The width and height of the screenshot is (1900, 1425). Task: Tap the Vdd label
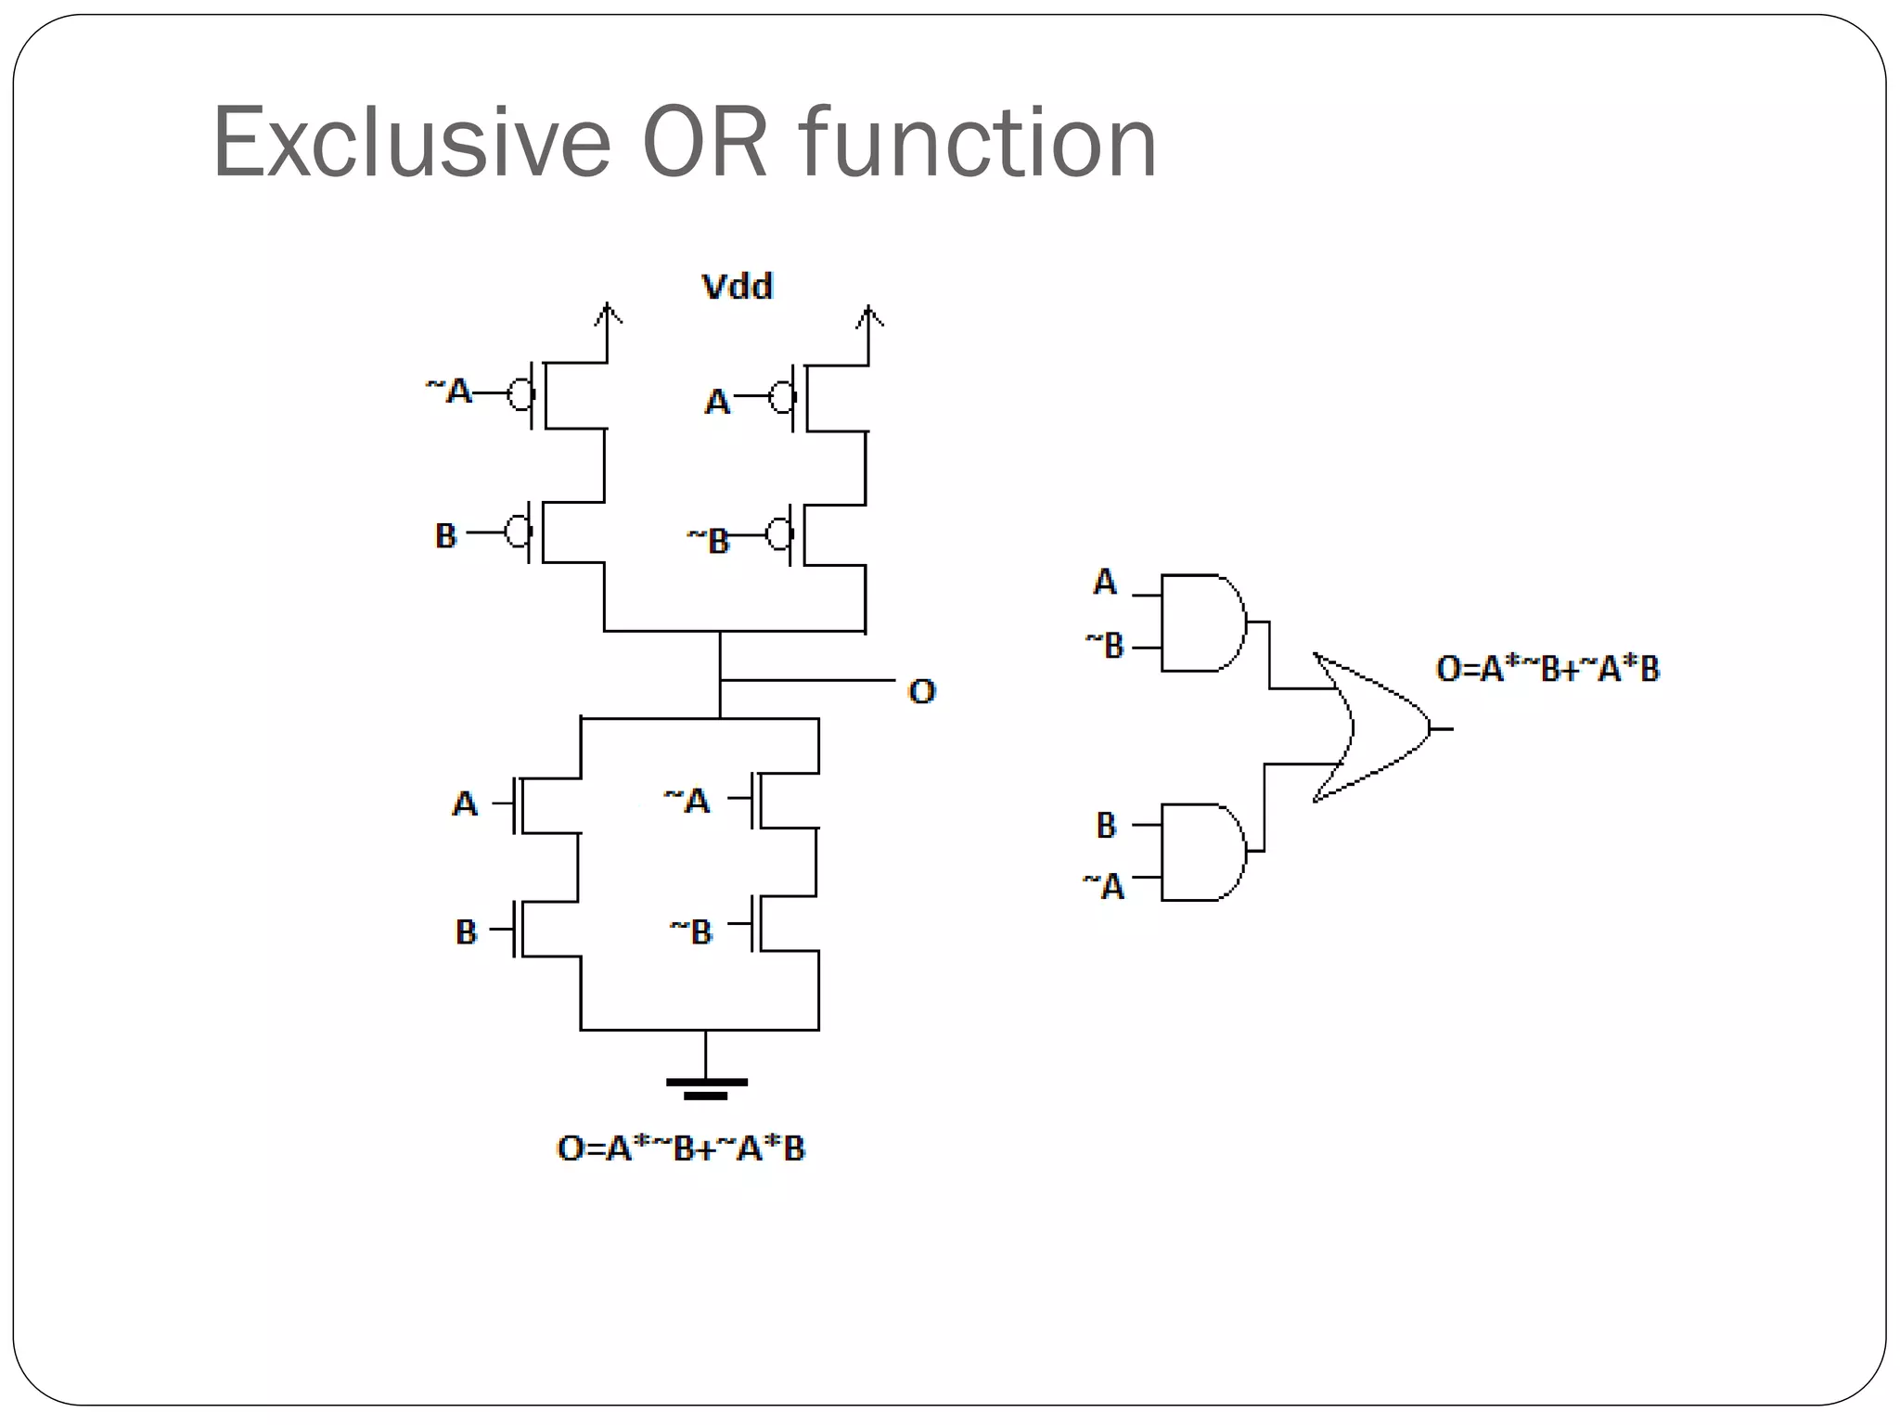738,287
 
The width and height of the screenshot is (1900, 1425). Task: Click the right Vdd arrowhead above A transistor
869,316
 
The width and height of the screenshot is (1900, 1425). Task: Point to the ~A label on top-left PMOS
450,391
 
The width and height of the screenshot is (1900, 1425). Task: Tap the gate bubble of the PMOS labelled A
782,399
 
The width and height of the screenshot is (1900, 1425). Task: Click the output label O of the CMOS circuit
922,691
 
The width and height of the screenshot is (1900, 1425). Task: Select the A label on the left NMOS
465,803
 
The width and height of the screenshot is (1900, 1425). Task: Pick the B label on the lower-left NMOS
466,931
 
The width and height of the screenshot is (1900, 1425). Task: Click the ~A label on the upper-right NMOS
687,800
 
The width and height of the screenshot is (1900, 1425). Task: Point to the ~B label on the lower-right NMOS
691,931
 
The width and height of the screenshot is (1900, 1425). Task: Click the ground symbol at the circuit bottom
706,1086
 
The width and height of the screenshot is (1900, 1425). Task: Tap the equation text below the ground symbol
681,1149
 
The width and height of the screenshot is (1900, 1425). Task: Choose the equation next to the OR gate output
1547,669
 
